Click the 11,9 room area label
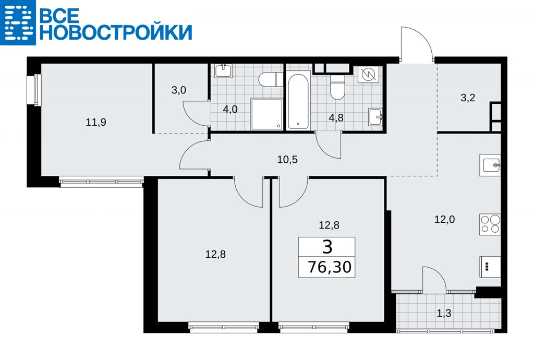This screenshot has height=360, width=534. (96, 122)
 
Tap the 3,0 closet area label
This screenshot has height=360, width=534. (178, 90)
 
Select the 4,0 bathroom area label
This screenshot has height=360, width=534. (230, 110)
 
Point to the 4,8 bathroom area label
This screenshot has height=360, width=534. (336, 117)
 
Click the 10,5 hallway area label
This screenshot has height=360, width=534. (287, 160)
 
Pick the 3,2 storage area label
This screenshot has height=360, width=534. (468, 98)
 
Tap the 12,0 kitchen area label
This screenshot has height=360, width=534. (444, 219)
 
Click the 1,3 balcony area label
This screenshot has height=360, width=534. (444, 313)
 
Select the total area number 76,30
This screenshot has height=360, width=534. (330, 267)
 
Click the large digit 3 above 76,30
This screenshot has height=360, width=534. (327, 247)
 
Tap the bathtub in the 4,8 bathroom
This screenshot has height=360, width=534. (298, 101)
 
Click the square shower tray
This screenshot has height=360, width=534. (266, 114)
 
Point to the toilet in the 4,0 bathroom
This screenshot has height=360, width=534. (271, 80)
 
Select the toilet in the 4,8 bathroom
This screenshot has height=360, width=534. (338, 88)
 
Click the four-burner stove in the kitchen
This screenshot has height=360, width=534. (490, 224)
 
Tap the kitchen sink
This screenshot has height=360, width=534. (490, 165)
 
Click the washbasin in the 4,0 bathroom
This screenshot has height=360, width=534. (224, 71)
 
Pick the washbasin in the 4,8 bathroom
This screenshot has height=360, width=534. (376, 117)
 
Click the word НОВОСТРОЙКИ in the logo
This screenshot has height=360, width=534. (116, 32)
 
